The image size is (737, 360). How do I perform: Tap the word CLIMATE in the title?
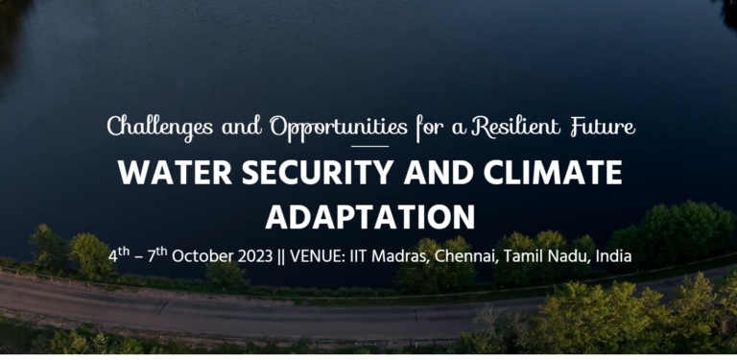pos(552,175)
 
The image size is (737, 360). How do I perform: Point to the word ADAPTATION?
pos(369,216)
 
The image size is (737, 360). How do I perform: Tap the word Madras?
pos(414,257)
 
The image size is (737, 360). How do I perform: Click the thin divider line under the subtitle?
pos(369,146)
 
